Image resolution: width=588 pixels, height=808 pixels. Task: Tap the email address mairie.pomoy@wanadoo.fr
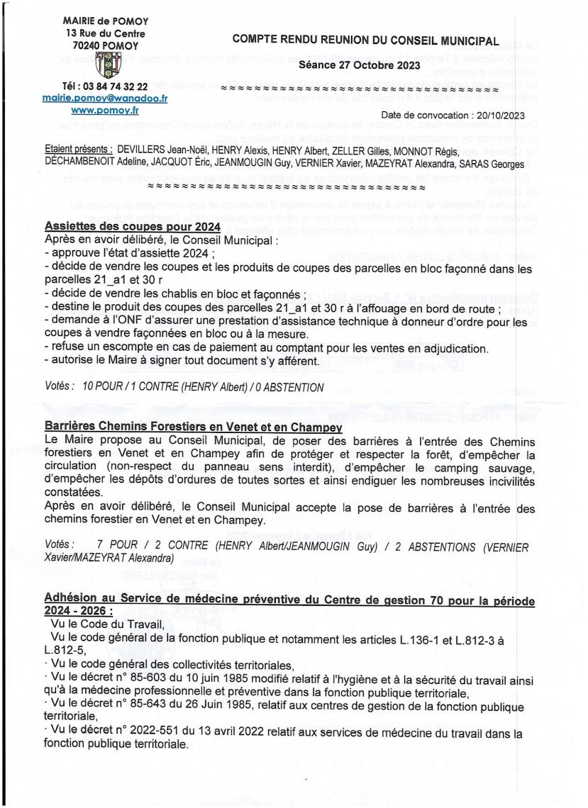point(105,99)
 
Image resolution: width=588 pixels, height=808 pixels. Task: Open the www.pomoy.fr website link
point(105,111)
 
